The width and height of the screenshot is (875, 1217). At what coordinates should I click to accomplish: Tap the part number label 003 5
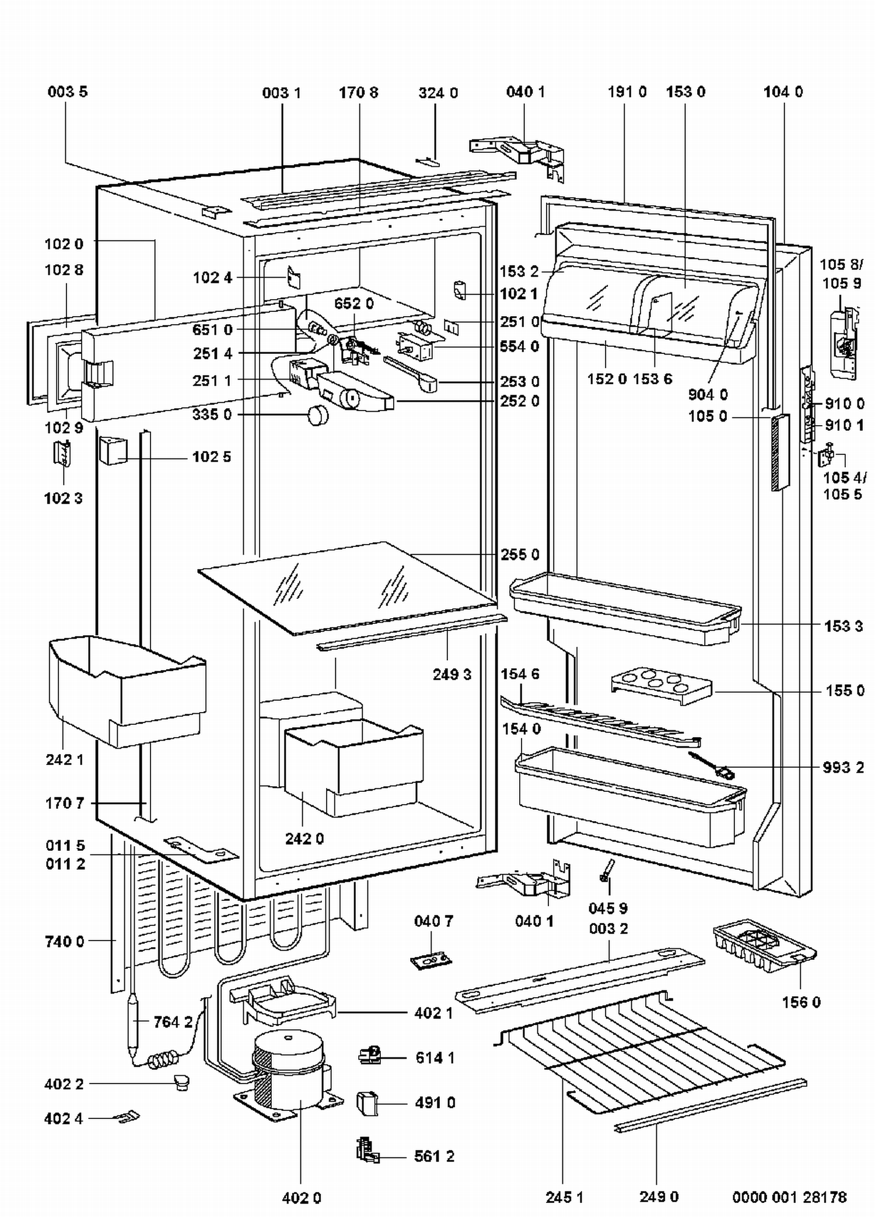pyautogui.click(x=68, y=92)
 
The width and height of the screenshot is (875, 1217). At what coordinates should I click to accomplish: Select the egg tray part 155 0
pyautogui.click(x=661, y=686)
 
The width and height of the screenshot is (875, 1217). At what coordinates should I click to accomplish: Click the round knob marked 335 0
pyautogui.click(x=317, y=415)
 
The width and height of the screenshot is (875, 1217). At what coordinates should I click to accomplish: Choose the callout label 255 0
pyautogui.click(x=520, y=555)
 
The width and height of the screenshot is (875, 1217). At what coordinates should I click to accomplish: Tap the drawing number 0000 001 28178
pyautogui.click(x=789, y=1197)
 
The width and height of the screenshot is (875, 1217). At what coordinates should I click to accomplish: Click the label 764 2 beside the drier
pyautogui.click(x=173, y=1022)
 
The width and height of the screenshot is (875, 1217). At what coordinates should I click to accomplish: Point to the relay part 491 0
pyautogui.click(x=367, y=1103)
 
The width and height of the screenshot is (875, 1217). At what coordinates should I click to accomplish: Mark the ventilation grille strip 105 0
pyautogui.click(x=779, y=453)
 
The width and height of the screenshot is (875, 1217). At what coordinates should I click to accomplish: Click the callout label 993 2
pyautogui.click(x=843, y=767)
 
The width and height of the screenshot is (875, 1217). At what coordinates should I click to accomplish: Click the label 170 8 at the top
pyautogui.click(x=358, y=93)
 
